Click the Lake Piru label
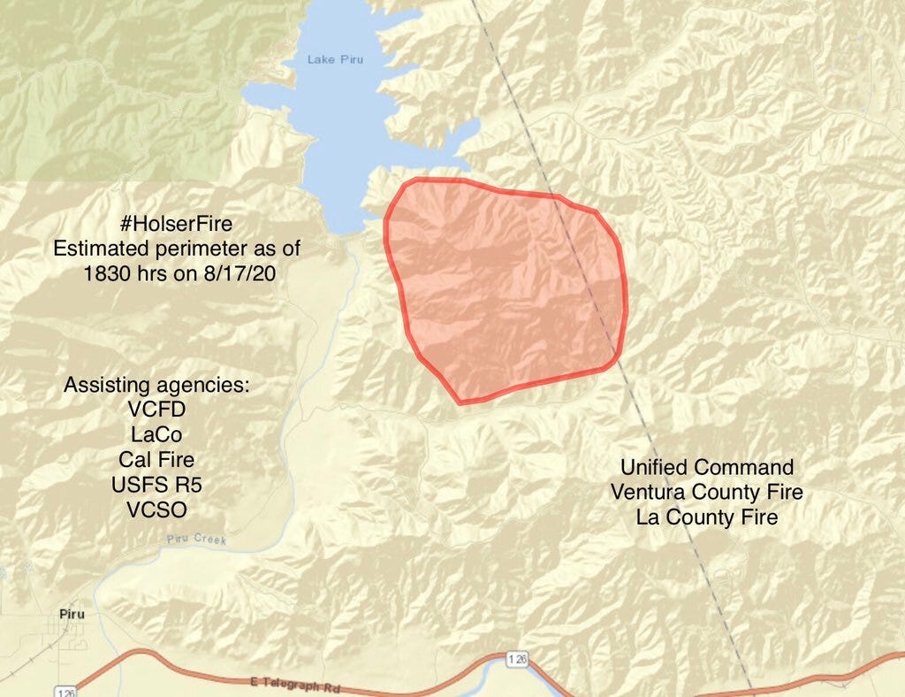click(x=335, y=59)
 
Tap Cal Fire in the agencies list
click(x=156, y=460)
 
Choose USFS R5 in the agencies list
click(x=156, y=485)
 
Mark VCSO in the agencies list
click(x=156, y=509)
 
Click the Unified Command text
click(x=707, y=467)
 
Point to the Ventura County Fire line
click(x=707, y=492)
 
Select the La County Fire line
click(x=707, y=517)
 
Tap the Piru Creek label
click(x=196, y=540)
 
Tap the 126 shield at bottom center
click(x=519, y=659)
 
